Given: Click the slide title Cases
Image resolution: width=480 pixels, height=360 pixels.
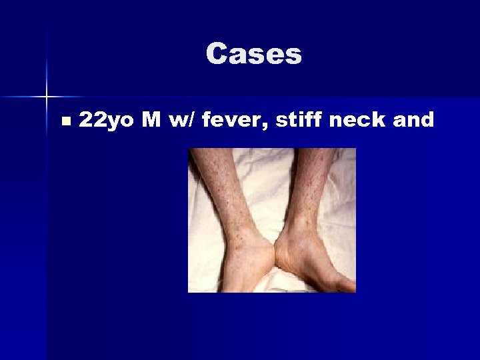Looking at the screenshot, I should [x=253, y=54].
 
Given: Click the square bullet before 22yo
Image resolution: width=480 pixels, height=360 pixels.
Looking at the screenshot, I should [x=65, y=121].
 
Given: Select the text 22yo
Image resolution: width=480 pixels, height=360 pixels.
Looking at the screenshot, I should [x=105, y=121].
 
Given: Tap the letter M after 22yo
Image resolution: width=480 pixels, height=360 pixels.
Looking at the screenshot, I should [x=147, y=120].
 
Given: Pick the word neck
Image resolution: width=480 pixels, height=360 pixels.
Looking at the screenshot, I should [x=351, y=120].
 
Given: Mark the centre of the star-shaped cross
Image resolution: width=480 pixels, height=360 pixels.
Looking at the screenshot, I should [x=47, y=97].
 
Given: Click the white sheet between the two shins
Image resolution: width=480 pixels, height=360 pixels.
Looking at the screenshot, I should [x=267, y=187].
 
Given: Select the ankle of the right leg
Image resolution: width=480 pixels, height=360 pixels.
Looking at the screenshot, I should [x=297, y=230].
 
